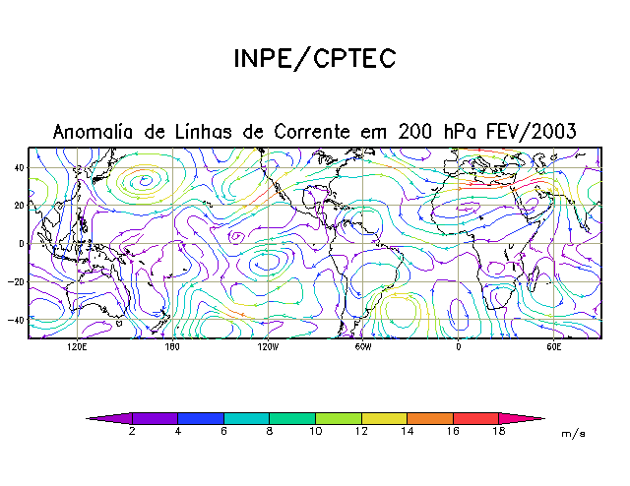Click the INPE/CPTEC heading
tap(314, 58)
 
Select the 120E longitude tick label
tap(77, 347)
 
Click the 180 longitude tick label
tap(171, 347)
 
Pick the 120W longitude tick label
tap(267, 347)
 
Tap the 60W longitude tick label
tap(362, 347)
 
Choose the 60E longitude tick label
tap(553, 347)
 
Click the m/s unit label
tap(572, 433)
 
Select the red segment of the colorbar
tap(475, 419)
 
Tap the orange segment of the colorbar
tap(429, 419)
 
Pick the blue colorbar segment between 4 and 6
tap(201, 419)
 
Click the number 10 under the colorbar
tap(315, 432)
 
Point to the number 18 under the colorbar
tap(498, 432)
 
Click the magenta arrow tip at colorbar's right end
tap(532, 419)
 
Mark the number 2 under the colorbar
tap(132, 432)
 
